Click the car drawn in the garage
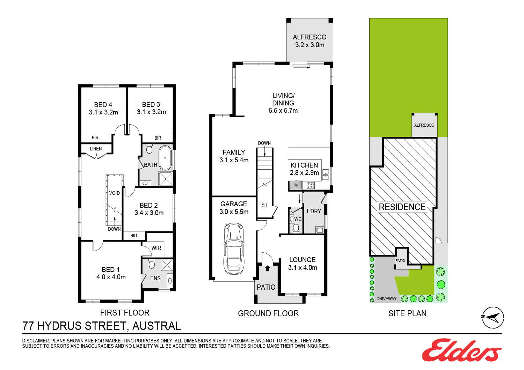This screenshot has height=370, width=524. [x=234, y=249]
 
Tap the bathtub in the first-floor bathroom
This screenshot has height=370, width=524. [x=165, y=158]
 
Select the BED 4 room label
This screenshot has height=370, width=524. [x=103, y=105]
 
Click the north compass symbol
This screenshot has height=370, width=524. [x=493, y=317]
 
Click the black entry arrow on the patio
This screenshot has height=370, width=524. [x=267, y=268]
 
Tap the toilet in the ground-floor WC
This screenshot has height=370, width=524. [x=296, y=228]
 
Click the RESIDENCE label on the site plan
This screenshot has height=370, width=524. [x=402, y=207]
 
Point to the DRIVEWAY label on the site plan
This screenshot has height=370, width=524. [x=386, y=298]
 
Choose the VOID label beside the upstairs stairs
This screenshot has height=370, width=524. [x=114, y=193]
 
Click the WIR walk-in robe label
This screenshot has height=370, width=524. [x=156, y=248]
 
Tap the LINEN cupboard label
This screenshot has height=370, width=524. [x=96, y=149]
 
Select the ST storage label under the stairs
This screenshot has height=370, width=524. [x=264, y=205]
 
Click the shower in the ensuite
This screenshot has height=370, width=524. [x=167, y=265]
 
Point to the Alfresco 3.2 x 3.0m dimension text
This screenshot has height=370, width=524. [x=310, y=45]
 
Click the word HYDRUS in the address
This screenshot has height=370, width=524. [x=59, y=326]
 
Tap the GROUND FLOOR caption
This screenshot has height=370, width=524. [x=268, y=313]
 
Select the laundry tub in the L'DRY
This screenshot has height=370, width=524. [x=320, y=230]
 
